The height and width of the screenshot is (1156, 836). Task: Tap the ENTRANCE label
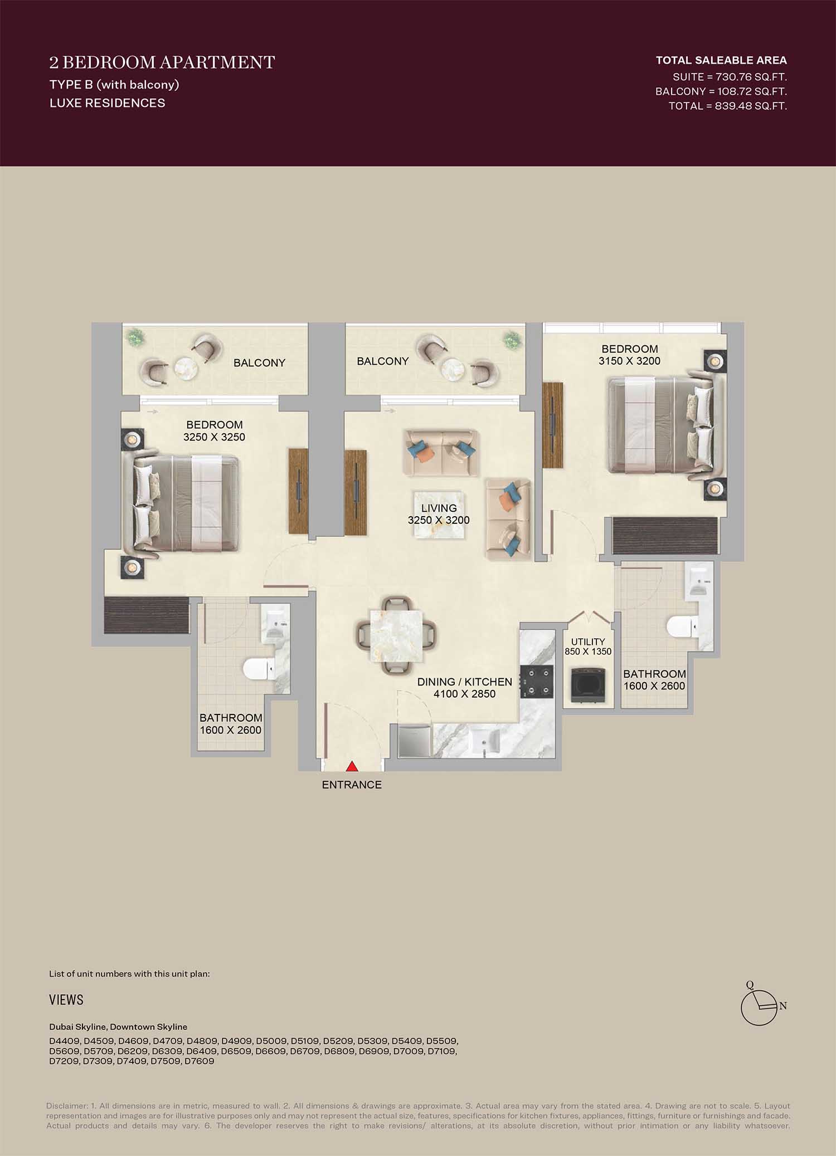pyautogui.click(x=352, y=785)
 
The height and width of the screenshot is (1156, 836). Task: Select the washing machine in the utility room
pyautogui.click(x=588, y=684)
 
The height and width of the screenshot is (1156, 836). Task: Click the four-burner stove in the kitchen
pyautogui.click(x=537, y=682)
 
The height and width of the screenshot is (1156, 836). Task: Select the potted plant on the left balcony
pyautogui.click(x=135, y=337)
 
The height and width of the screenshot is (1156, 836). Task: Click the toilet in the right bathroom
pyautogui.click(x=683, y=626)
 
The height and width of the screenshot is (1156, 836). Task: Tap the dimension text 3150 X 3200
pyautogui.click(x=629, y=361)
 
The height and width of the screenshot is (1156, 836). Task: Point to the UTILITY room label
pyautogui.click(x=588, y=641)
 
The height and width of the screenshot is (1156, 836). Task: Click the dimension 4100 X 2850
pyautogui.click(x=464, y=694)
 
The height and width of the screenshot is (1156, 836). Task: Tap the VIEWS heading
pyautogui.click(x=66, y=1000)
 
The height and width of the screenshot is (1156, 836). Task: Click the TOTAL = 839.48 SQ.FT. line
pyautogui.click(x=728, y=106)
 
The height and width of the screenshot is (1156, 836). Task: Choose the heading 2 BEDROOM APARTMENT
pyautogui.click(x=162, y=62)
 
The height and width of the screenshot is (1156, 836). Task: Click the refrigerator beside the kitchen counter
pyautogui.click(x=415, y=740)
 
